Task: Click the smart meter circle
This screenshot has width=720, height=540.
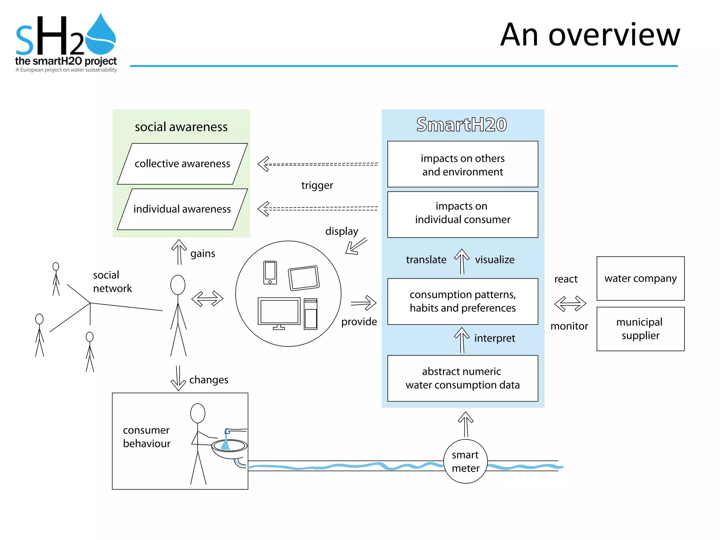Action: click(x=465, y=461)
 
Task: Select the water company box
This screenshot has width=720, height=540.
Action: click(x=640, y=278)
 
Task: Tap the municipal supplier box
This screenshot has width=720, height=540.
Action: click(x=640, y=329)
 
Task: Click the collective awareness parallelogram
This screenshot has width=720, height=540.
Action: click(x=182, y=164)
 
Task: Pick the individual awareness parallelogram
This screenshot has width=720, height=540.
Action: click(x=182, y=209)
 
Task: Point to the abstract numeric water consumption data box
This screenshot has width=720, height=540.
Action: click(x=462, y=378)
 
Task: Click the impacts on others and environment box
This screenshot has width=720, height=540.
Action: click(x=462, y=165)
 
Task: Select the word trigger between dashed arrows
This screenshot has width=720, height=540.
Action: click(x=317, y=185)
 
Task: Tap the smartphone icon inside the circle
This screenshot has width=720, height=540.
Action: click(x=270, y=272)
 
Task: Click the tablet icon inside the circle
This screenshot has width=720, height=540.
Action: click(x=304, y=278)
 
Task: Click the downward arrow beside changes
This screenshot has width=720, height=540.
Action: click(x=178, y=378)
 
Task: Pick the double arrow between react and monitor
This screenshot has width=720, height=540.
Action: click(x=570, y=303)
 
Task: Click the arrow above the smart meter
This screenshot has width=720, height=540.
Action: click(x=465, y=424)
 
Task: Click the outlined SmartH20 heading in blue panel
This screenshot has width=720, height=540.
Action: click(x=461, y=124)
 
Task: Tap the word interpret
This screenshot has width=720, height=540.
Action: click(x=494, y=338)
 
